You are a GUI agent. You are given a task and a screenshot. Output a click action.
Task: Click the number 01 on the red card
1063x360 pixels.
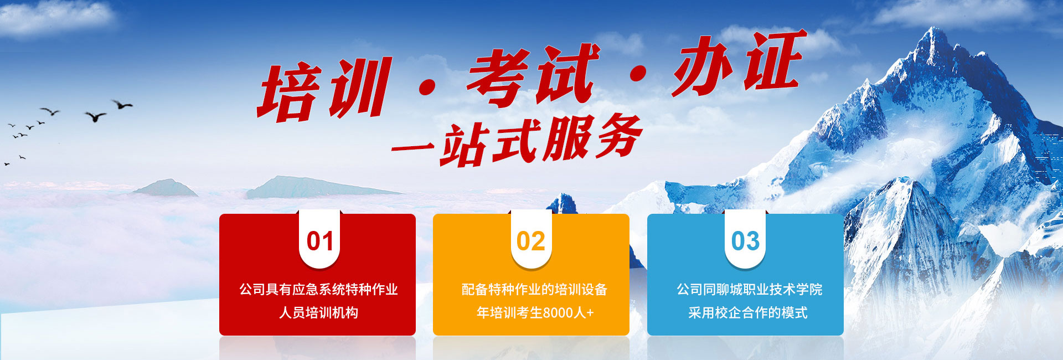tap(320, 241)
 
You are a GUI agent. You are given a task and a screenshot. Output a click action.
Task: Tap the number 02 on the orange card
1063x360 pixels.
tap(531, 241)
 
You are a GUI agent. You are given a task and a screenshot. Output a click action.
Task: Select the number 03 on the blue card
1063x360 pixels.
tap(745, 241)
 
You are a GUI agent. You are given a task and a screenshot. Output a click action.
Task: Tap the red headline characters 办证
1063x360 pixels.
tap(740, 62)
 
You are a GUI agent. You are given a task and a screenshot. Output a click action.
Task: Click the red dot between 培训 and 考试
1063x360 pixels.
tap(427, 87)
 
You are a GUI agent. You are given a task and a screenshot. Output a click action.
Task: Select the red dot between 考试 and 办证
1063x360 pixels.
tap(638, 74)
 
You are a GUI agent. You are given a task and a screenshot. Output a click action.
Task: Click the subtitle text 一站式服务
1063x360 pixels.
tap(517, 141)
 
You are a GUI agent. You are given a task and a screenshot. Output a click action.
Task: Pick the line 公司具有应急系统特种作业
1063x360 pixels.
tap(318, 289)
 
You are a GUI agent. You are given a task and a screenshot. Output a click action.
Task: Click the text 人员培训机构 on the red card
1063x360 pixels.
tap(318, 312)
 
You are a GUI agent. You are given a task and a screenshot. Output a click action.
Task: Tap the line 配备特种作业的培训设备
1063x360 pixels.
tap(534, 289)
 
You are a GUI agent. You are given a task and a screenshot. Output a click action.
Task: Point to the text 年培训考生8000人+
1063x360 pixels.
tap(535, 312)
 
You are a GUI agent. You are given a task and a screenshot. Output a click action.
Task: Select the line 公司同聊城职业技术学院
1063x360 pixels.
tap(749, 289)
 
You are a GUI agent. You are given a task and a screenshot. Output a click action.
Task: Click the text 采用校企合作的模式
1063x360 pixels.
tap(747, 312)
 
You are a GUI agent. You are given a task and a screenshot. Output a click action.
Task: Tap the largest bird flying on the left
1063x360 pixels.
tap(95, 116)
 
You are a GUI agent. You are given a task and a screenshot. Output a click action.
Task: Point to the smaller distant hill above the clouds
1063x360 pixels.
tap(164, 188)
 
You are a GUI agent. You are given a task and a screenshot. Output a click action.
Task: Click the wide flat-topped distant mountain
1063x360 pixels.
tap(321, 187)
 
